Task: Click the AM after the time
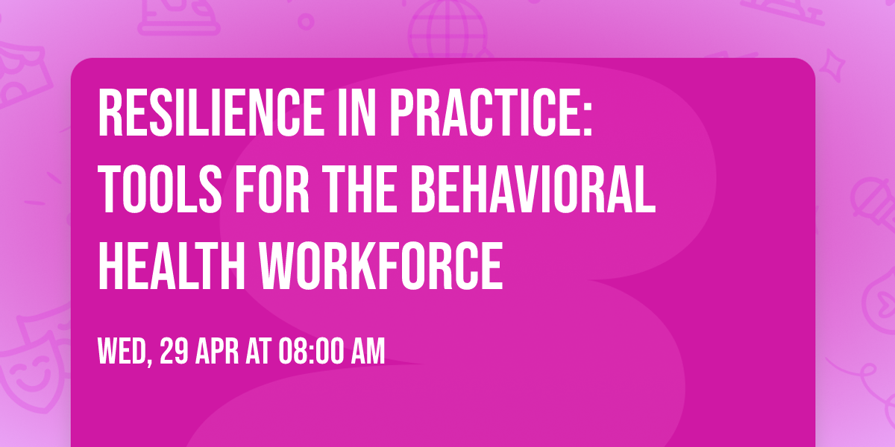pos(368,352)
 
